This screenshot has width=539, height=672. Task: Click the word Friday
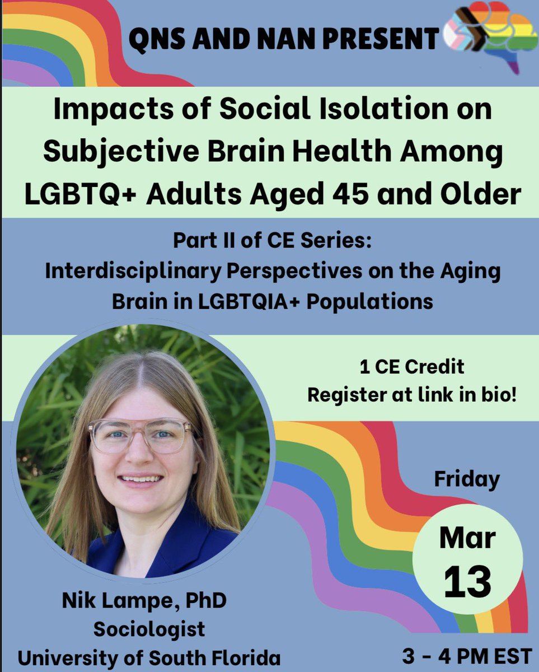[x=466, y=479]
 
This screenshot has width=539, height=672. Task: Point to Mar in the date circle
[x=467, y=539]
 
